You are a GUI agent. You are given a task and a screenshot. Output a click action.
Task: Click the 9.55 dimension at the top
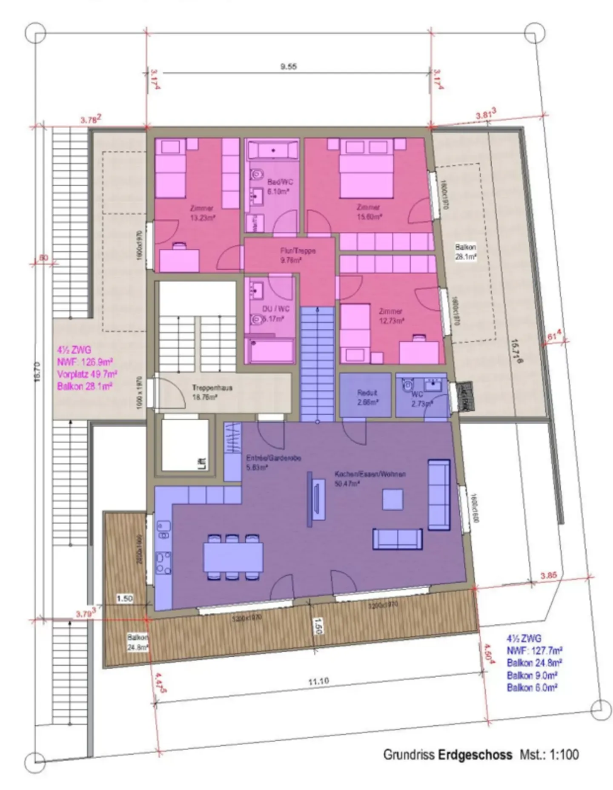288,66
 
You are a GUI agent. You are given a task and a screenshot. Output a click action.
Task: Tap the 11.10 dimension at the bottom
318,681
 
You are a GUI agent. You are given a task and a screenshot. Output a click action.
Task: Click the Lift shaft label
203,463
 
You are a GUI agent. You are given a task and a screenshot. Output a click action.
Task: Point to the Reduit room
367,396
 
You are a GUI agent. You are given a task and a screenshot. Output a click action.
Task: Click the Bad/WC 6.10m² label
280,187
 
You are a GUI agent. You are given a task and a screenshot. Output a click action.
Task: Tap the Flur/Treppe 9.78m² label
298,255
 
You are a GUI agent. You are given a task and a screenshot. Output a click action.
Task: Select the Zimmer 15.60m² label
369,211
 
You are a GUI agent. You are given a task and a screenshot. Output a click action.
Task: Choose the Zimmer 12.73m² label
391,316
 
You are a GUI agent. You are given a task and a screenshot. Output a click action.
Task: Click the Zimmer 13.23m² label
202,213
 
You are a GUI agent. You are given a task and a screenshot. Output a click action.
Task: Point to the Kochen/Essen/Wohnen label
370,474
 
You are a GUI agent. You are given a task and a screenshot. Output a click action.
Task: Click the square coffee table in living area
392,500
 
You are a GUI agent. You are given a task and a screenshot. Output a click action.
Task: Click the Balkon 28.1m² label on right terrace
465,252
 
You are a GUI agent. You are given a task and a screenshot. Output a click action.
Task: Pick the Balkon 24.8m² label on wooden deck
137,643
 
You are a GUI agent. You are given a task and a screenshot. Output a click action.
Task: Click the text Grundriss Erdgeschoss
447,755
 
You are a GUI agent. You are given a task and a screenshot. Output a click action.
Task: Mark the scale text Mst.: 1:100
549,755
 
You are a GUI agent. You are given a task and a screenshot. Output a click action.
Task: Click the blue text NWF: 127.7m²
534,651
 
